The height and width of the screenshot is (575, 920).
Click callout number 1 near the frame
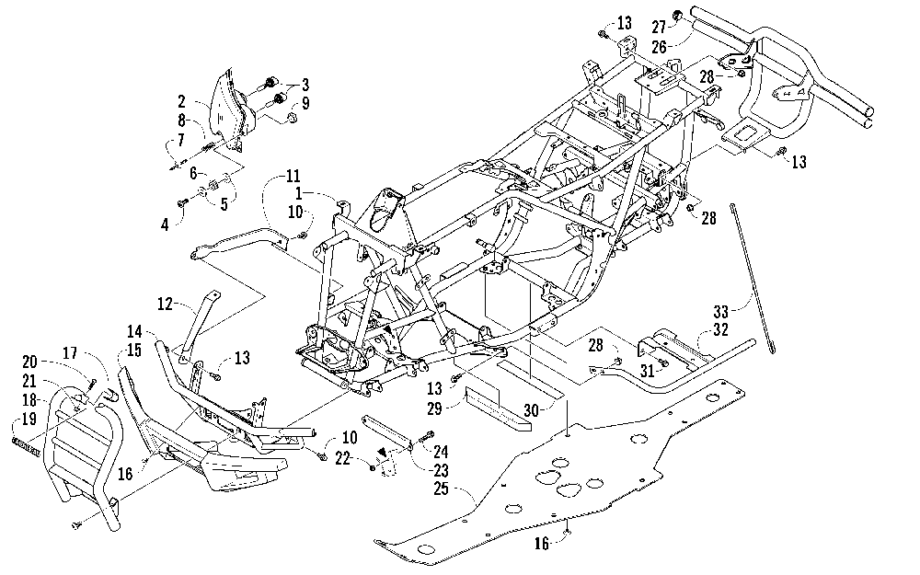299,193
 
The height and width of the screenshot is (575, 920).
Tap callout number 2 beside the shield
182,102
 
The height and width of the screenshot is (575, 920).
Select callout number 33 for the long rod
720,312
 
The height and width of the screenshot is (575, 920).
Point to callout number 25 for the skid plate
441,489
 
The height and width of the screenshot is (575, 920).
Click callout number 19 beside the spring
29,419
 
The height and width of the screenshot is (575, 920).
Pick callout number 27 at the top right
659,28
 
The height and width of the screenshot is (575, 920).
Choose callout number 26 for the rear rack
660,46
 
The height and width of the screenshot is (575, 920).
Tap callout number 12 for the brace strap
166,304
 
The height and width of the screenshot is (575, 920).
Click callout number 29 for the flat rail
434,408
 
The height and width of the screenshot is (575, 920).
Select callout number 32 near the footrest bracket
720,329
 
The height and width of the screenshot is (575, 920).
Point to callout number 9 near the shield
305,103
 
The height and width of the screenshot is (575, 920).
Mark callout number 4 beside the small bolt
165,224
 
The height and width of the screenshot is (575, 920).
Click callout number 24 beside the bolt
441,452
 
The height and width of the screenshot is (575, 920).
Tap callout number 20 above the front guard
30,362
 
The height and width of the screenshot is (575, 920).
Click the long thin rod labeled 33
753,278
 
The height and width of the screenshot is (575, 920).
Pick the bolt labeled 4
181,203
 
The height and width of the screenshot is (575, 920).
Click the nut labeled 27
676,15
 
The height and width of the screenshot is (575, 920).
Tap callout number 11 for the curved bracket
293,176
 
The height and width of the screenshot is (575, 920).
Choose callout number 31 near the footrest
647,371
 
